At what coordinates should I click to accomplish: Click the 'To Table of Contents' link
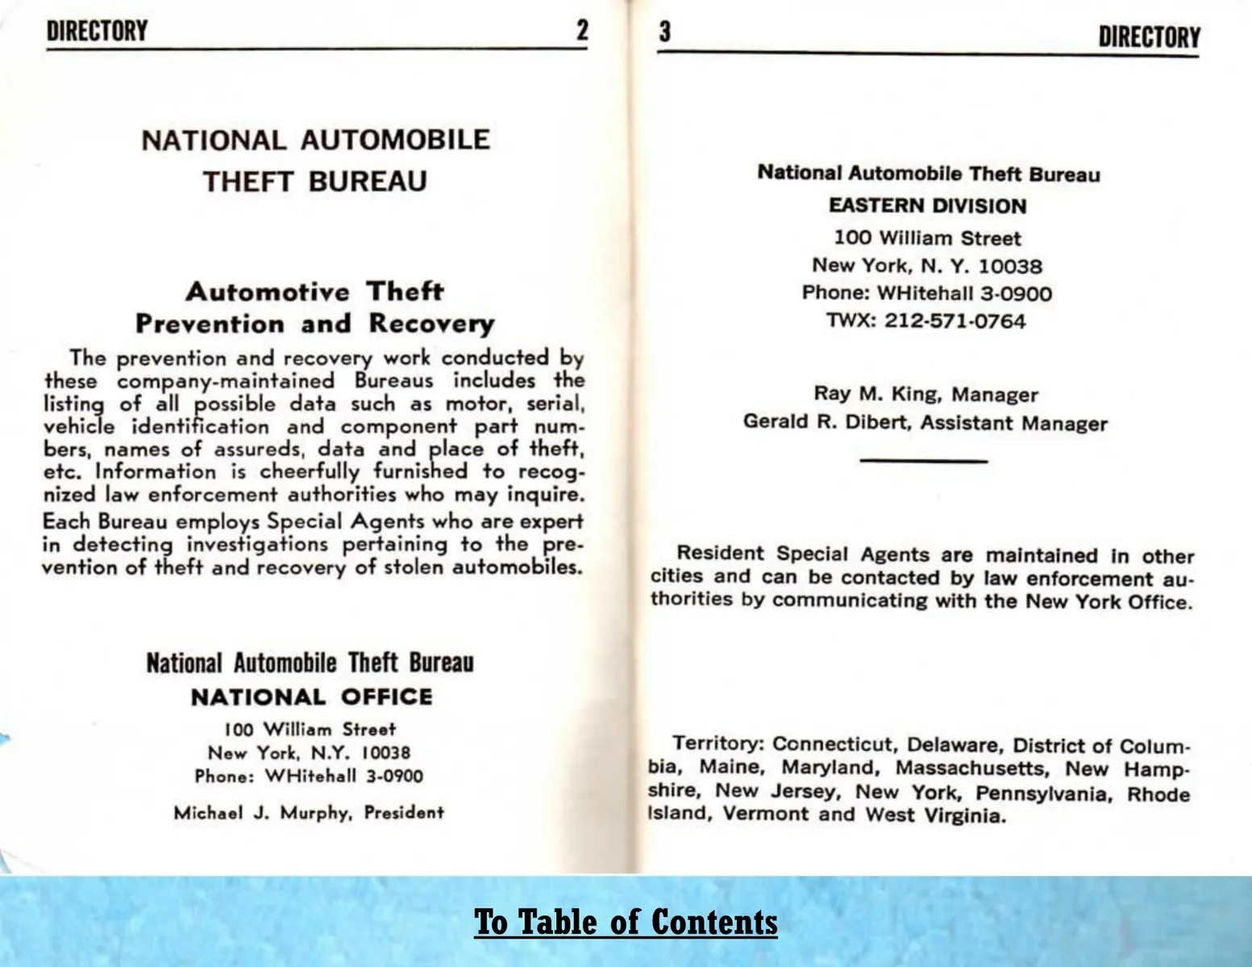click(626, 921)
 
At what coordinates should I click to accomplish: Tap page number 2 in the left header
click(581, 31)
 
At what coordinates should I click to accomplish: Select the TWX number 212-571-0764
click(955, 321)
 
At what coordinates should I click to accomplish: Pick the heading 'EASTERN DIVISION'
click(927, 205)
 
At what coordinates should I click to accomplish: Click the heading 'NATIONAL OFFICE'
click(311, 696)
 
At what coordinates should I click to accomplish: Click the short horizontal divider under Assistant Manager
click(924, 461)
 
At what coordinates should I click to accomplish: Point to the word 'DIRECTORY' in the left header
click(97, 31)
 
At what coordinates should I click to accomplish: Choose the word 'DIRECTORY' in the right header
click(1149, 37)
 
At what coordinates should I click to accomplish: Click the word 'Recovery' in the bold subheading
click(431, 324)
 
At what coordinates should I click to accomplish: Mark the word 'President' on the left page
click(404, 812)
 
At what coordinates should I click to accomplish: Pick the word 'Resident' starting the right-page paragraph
click(720, 554)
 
